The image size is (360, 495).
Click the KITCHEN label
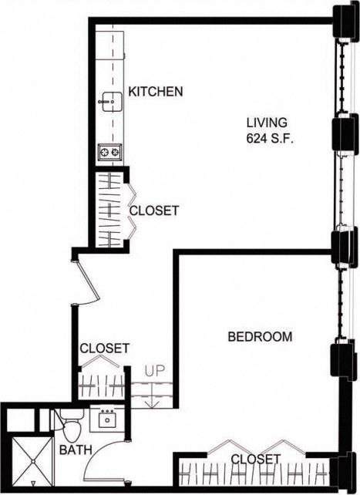[156, 92]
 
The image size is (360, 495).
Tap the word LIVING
[267, 123]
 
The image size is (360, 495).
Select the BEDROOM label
[260, 337]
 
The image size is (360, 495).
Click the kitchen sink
[109, 99]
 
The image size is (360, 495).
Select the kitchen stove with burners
[109, 152]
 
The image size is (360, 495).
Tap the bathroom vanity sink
[105, 420]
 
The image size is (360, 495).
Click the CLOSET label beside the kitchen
[154, 210]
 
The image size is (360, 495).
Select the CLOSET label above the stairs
[105, 349]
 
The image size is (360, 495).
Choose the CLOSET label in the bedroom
[255, 460]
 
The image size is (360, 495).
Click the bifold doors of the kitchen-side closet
[131, 210]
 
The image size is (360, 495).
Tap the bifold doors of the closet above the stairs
[102, 362]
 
